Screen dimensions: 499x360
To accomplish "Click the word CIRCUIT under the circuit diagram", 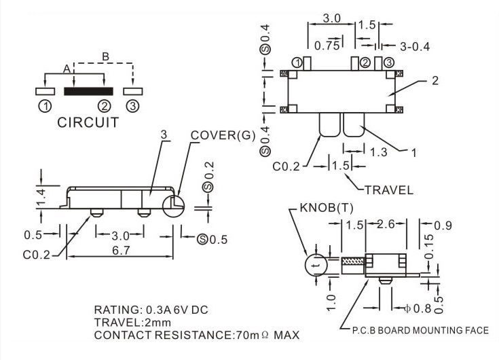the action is (x=88, y=122).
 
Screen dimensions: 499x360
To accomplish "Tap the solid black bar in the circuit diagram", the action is (x=88, y=91).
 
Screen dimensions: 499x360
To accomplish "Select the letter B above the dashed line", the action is (x=105, y=56).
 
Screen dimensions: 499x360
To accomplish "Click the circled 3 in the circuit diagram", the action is (x=132, y=106).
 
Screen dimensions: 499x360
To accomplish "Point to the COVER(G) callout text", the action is (x=223, y=135).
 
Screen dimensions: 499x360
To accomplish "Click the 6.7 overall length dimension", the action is (x=122, y=251).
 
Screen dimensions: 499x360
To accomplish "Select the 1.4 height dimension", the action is (x=41, y=198).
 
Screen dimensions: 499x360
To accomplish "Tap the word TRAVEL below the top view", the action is (x=388, y=190).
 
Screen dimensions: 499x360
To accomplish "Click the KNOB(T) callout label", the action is (x=327, y=208).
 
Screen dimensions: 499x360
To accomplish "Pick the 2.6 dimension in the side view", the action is (x=386, y=224).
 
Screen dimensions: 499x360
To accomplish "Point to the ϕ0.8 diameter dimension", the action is (x=418, y=308).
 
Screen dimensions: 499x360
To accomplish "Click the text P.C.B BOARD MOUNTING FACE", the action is (x=420, y=330).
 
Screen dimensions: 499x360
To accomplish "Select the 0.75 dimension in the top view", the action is (x=327, y=46).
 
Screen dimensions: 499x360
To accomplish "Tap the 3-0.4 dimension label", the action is (x=415, y=47).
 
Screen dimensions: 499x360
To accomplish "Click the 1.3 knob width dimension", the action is (x=378, y=152).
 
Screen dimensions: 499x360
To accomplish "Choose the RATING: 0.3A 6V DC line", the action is (x=151, y=310).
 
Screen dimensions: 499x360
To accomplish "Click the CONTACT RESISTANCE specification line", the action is (x=197, y=335).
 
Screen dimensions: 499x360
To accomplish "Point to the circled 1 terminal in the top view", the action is (x=297, y=62).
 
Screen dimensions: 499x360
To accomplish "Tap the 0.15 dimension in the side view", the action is (x=429, y=247).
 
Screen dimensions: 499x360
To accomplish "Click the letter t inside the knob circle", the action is (x=316, y=266).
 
